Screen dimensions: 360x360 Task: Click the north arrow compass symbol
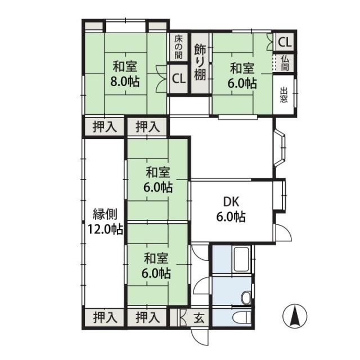(295, 316)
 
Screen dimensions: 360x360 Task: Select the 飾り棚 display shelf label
(200, 62)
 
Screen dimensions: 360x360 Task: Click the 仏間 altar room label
(285, 63)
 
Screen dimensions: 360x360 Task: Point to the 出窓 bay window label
(283, 94)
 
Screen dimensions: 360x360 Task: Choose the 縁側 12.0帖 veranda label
(105, 222)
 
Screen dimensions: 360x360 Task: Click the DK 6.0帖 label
(231, 209)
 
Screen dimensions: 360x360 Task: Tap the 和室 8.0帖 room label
(125, 74)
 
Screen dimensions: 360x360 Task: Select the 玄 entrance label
(199, 318)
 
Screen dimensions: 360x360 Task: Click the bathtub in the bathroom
(241, 259)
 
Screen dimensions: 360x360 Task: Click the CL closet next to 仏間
(285, 42)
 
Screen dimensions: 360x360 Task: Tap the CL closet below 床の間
(179, 79)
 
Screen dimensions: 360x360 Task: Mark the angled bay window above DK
(280, 148)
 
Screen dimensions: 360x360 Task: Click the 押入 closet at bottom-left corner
(105, 318)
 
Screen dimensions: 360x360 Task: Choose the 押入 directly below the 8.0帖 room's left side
(105, 127)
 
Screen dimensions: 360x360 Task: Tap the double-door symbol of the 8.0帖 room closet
(161, 79)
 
